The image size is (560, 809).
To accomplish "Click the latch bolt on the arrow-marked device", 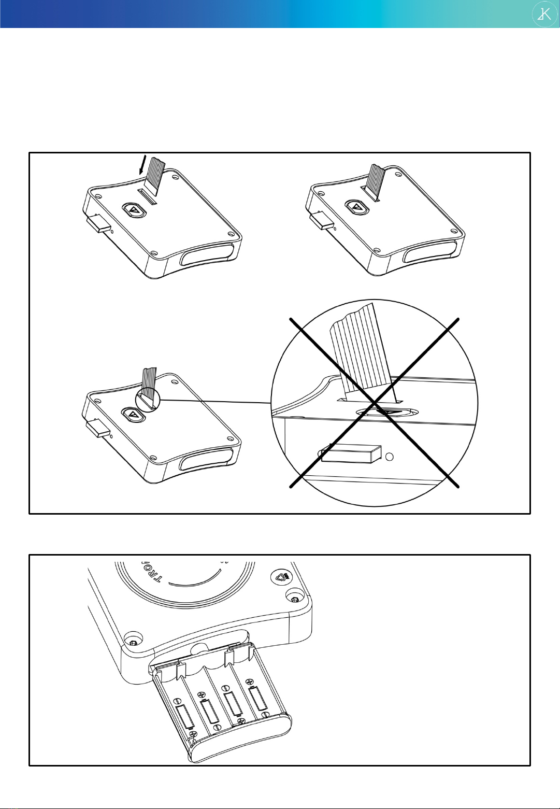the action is (98, 224).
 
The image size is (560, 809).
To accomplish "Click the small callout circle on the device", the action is (148, 400).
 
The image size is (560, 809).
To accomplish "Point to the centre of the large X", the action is (375, 403).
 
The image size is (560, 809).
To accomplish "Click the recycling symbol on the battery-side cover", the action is (281, 577).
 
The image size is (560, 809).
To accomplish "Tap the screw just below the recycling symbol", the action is (294, 599).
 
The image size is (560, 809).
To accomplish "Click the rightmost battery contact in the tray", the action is (257, 698).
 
